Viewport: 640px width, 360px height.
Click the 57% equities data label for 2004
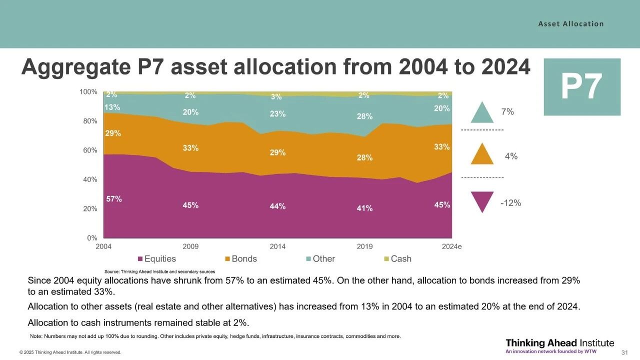point(114,199)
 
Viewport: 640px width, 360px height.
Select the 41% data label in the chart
point(364,208)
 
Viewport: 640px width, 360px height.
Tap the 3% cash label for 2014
point(276,97)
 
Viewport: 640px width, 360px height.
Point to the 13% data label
point(112,107)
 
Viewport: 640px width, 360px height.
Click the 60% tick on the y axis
point(90,150)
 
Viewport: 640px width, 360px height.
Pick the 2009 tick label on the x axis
point(190,246)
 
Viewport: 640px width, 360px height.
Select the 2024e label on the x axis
point(451,246)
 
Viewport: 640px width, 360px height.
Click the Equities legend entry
point(156,259)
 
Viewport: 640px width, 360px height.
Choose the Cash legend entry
point(397,259)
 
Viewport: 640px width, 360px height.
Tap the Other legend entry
point(320,259)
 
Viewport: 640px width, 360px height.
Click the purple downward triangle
point(482,201)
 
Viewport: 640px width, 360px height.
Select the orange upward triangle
point(482,154)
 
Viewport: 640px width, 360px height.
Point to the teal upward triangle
point(482,113)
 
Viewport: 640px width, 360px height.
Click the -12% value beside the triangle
point(510,203)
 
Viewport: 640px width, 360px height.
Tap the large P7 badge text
point(581,87)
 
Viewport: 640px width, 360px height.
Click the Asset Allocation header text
point(571,24)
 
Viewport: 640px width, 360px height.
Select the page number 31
point(624,352)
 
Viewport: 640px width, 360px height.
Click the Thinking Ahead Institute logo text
point(559,343)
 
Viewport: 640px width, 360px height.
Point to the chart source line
point(156,271)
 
